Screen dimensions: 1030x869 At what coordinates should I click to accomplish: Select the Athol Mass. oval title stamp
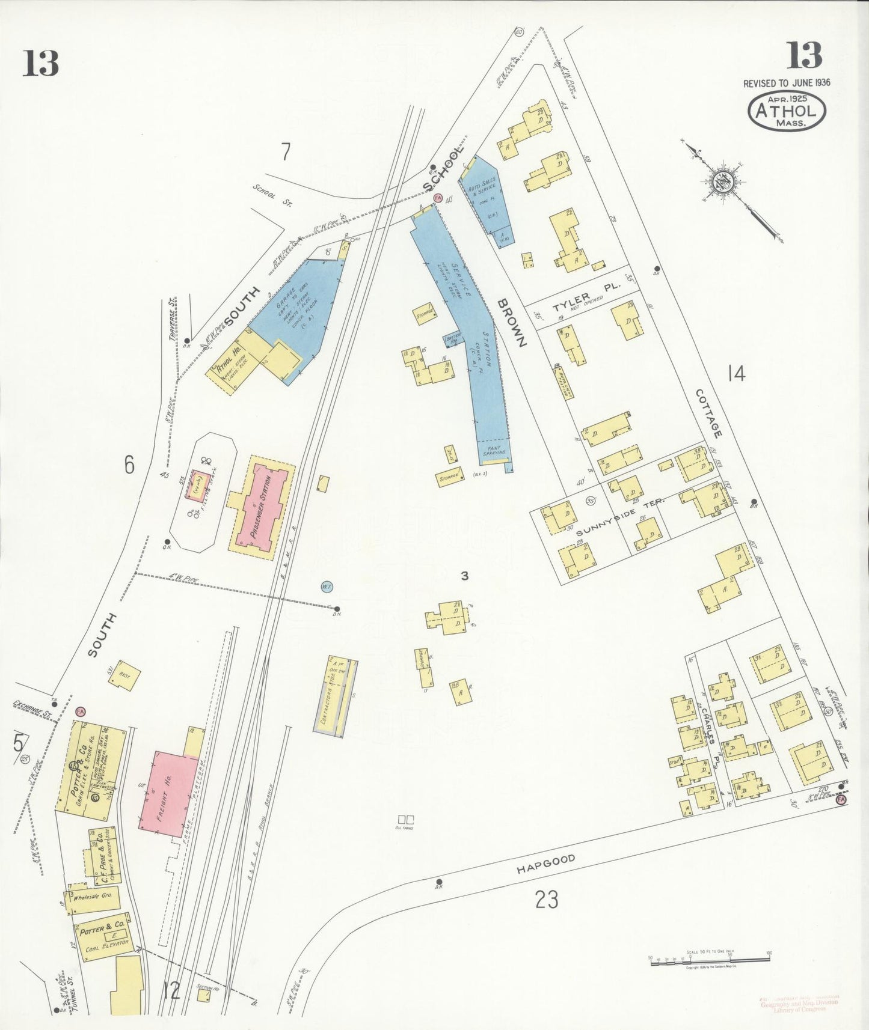pyautogui.click(x=787, y=112)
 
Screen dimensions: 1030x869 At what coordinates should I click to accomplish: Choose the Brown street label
pyautogui.click(x=511, y=321)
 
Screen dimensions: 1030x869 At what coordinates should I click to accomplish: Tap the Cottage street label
pyautogui.click(x=708, y=413)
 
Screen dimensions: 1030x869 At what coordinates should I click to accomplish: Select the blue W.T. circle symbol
pyautogui.click(x=327, y=587)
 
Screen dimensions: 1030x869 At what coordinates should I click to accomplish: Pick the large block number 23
pyautogui.click(x=546, y=900)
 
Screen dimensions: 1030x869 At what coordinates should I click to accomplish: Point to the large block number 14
pyautogui.click(x=736, y=373)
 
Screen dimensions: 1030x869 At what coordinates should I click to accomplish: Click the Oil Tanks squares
pyautogui.click(x=406, y=819)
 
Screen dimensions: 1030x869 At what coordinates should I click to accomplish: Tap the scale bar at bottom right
pyautogui.click(x=710, y=963)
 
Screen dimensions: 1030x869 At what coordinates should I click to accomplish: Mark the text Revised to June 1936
pyautogui.click(x=787, y=83)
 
